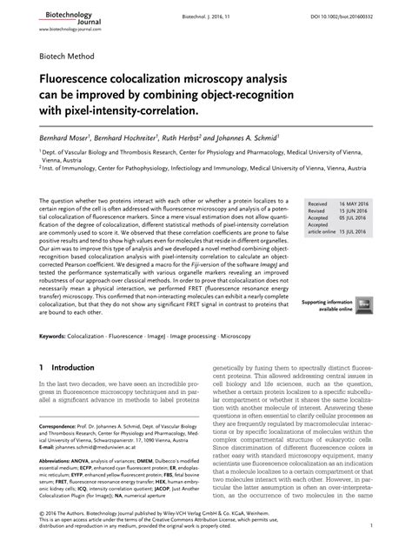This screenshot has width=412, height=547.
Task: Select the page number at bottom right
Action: (x=371, y=527)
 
